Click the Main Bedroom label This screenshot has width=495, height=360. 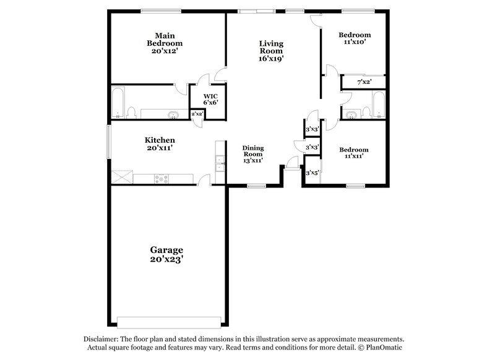point(165,44)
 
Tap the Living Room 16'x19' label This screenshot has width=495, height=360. point(271,51)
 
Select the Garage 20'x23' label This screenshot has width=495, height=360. point(166,254)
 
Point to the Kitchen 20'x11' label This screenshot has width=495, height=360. point(160,144)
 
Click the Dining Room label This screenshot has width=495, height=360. point(253,154)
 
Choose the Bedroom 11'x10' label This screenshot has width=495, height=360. point(355,38)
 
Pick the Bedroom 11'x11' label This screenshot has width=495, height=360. point(354,153)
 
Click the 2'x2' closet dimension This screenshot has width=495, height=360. point(197,114)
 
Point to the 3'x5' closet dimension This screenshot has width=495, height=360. point(312,174)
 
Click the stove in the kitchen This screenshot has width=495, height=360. point(161,179)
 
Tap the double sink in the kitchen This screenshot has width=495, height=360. point(220,162)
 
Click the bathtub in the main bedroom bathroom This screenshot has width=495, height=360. point(118,102)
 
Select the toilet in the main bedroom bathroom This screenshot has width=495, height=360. point(131,112)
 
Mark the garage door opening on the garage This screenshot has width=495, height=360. point(169,322)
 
